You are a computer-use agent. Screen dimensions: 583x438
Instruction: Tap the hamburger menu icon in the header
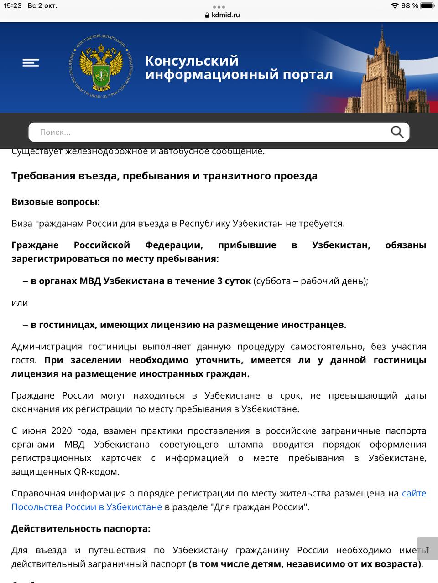coord(31,63)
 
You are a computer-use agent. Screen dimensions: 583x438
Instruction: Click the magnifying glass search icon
coord(397,132)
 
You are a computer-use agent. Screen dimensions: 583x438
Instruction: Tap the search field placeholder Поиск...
coord(55,133)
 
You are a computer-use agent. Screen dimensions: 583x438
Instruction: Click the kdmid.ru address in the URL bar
coord(225,15)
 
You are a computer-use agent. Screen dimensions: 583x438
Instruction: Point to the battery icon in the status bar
coord(427,6)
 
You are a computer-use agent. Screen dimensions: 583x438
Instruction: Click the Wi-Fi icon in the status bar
coord(395,6)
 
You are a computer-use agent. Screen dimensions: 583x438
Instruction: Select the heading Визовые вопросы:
coord(56,202)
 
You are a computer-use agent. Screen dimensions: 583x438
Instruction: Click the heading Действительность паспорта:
coord(81,528)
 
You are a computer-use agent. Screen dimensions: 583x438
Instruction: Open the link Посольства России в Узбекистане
coord(87,507)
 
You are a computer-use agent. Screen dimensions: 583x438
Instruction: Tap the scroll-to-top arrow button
coord(427,549)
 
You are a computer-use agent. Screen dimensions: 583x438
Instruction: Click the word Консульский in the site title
coord(192,61)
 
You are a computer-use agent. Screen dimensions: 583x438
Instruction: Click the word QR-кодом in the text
coord(96,472)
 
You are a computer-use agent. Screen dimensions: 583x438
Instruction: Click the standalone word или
coord(20,303)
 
